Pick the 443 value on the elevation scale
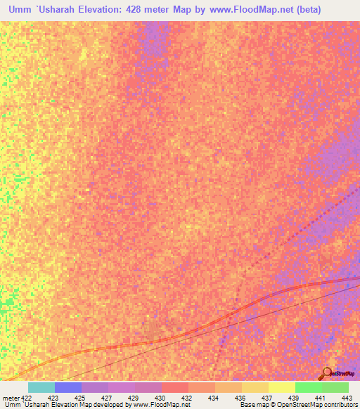point(346,398)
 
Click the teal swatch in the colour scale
point(41,387)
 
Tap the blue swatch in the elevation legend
point(68,387)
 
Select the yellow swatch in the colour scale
point(281,387)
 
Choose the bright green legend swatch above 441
point(308,387)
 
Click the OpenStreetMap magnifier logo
point(327,372)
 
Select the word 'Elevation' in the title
point(106,9)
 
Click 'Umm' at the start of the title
point(22,9)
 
